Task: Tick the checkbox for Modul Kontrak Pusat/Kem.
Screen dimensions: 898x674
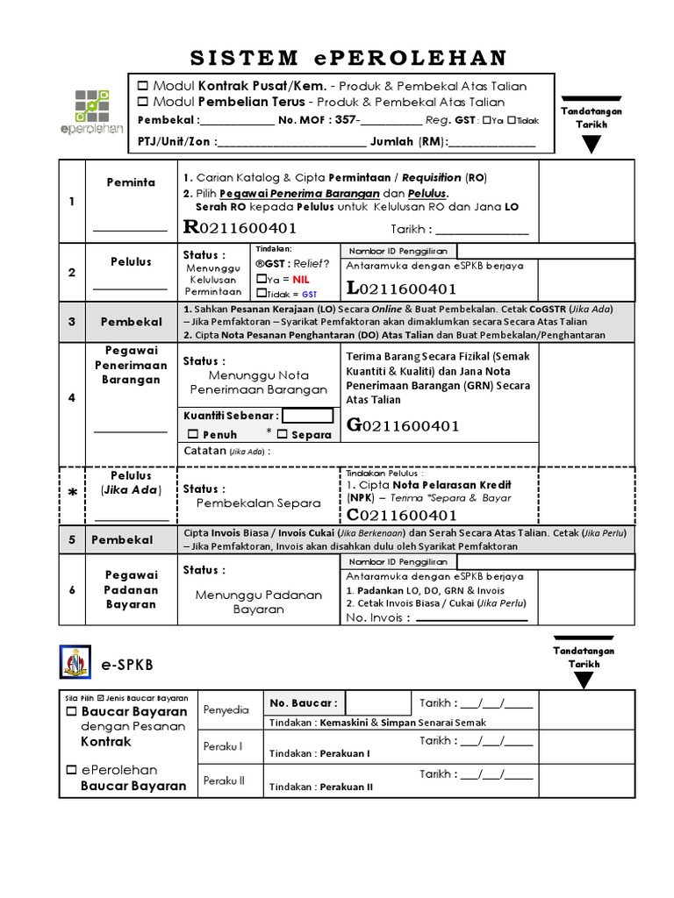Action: pos(144,86)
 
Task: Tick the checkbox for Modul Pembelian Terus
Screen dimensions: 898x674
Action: pos(144,103)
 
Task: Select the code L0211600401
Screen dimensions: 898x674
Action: pos(401,289)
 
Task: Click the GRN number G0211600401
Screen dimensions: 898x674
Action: pos(404,426)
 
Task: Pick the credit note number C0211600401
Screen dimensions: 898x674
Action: pos(403,515)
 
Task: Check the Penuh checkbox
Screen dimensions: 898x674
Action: pos(193,434)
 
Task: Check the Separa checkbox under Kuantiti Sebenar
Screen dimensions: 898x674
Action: pos(282,434)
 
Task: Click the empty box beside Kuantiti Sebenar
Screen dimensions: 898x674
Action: pos(307,416)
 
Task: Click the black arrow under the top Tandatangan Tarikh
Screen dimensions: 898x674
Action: pos(593,144)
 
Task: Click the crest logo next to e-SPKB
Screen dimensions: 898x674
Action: pos(75,661)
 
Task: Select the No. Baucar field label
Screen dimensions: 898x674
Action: pos(302,702)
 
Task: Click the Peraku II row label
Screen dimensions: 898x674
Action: pos(223,780)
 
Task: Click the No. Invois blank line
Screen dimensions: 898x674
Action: pos(471,618)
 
